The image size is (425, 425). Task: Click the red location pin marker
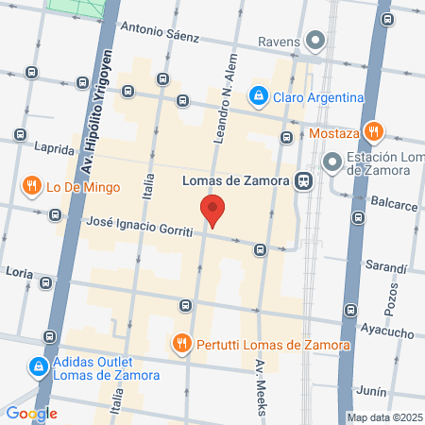coord(212,210)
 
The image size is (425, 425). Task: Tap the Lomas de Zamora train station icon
coord(304,180)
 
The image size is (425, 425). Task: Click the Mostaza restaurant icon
coord(374,131)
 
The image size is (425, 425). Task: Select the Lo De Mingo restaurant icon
coord(34,186)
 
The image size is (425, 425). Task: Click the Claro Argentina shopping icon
coord(257,96)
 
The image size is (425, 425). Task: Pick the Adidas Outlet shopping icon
coord(37,365)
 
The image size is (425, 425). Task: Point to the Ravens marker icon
coord(315,42)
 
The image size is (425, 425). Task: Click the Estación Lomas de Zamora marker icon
coord(331,162)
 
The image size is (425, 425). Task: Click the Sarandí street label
coord(386,267)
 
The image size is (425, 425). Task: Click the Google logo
coord(32,413)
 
